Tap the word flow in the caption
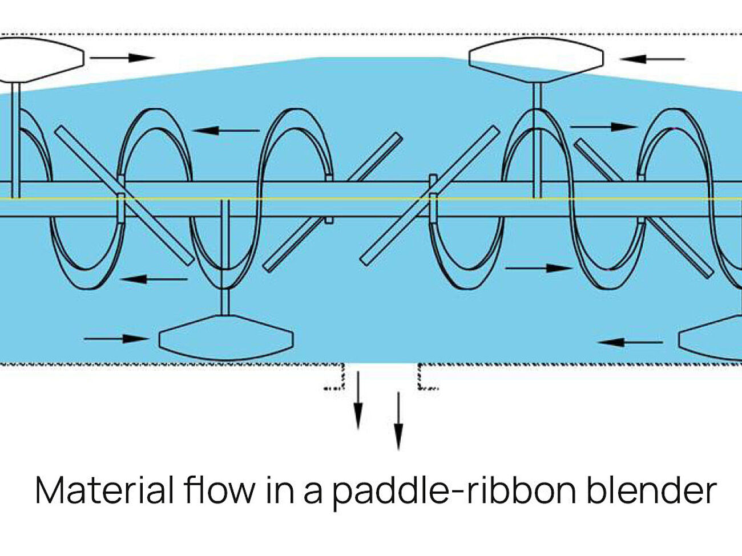(220, 489)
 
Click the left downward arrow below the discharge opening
(358, 400)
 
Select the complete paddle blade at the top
(536, 59)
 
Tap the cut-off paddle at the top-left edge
(40, 59)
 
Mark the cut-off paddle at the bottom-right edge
(711, 338)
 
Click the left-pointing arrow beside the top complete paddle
(652, 59)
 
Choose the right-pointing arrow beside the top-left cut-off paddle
(122, 58)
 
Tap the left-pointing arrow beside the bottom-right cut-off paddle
(630, 342)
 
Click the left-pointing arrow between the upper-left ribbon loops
(226, 131)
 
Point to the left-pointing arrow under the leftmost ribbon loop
(154, 279)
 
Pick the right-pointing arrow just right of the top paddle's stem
(603, 127)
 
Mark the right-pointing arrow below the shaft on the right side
(538, 267)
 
